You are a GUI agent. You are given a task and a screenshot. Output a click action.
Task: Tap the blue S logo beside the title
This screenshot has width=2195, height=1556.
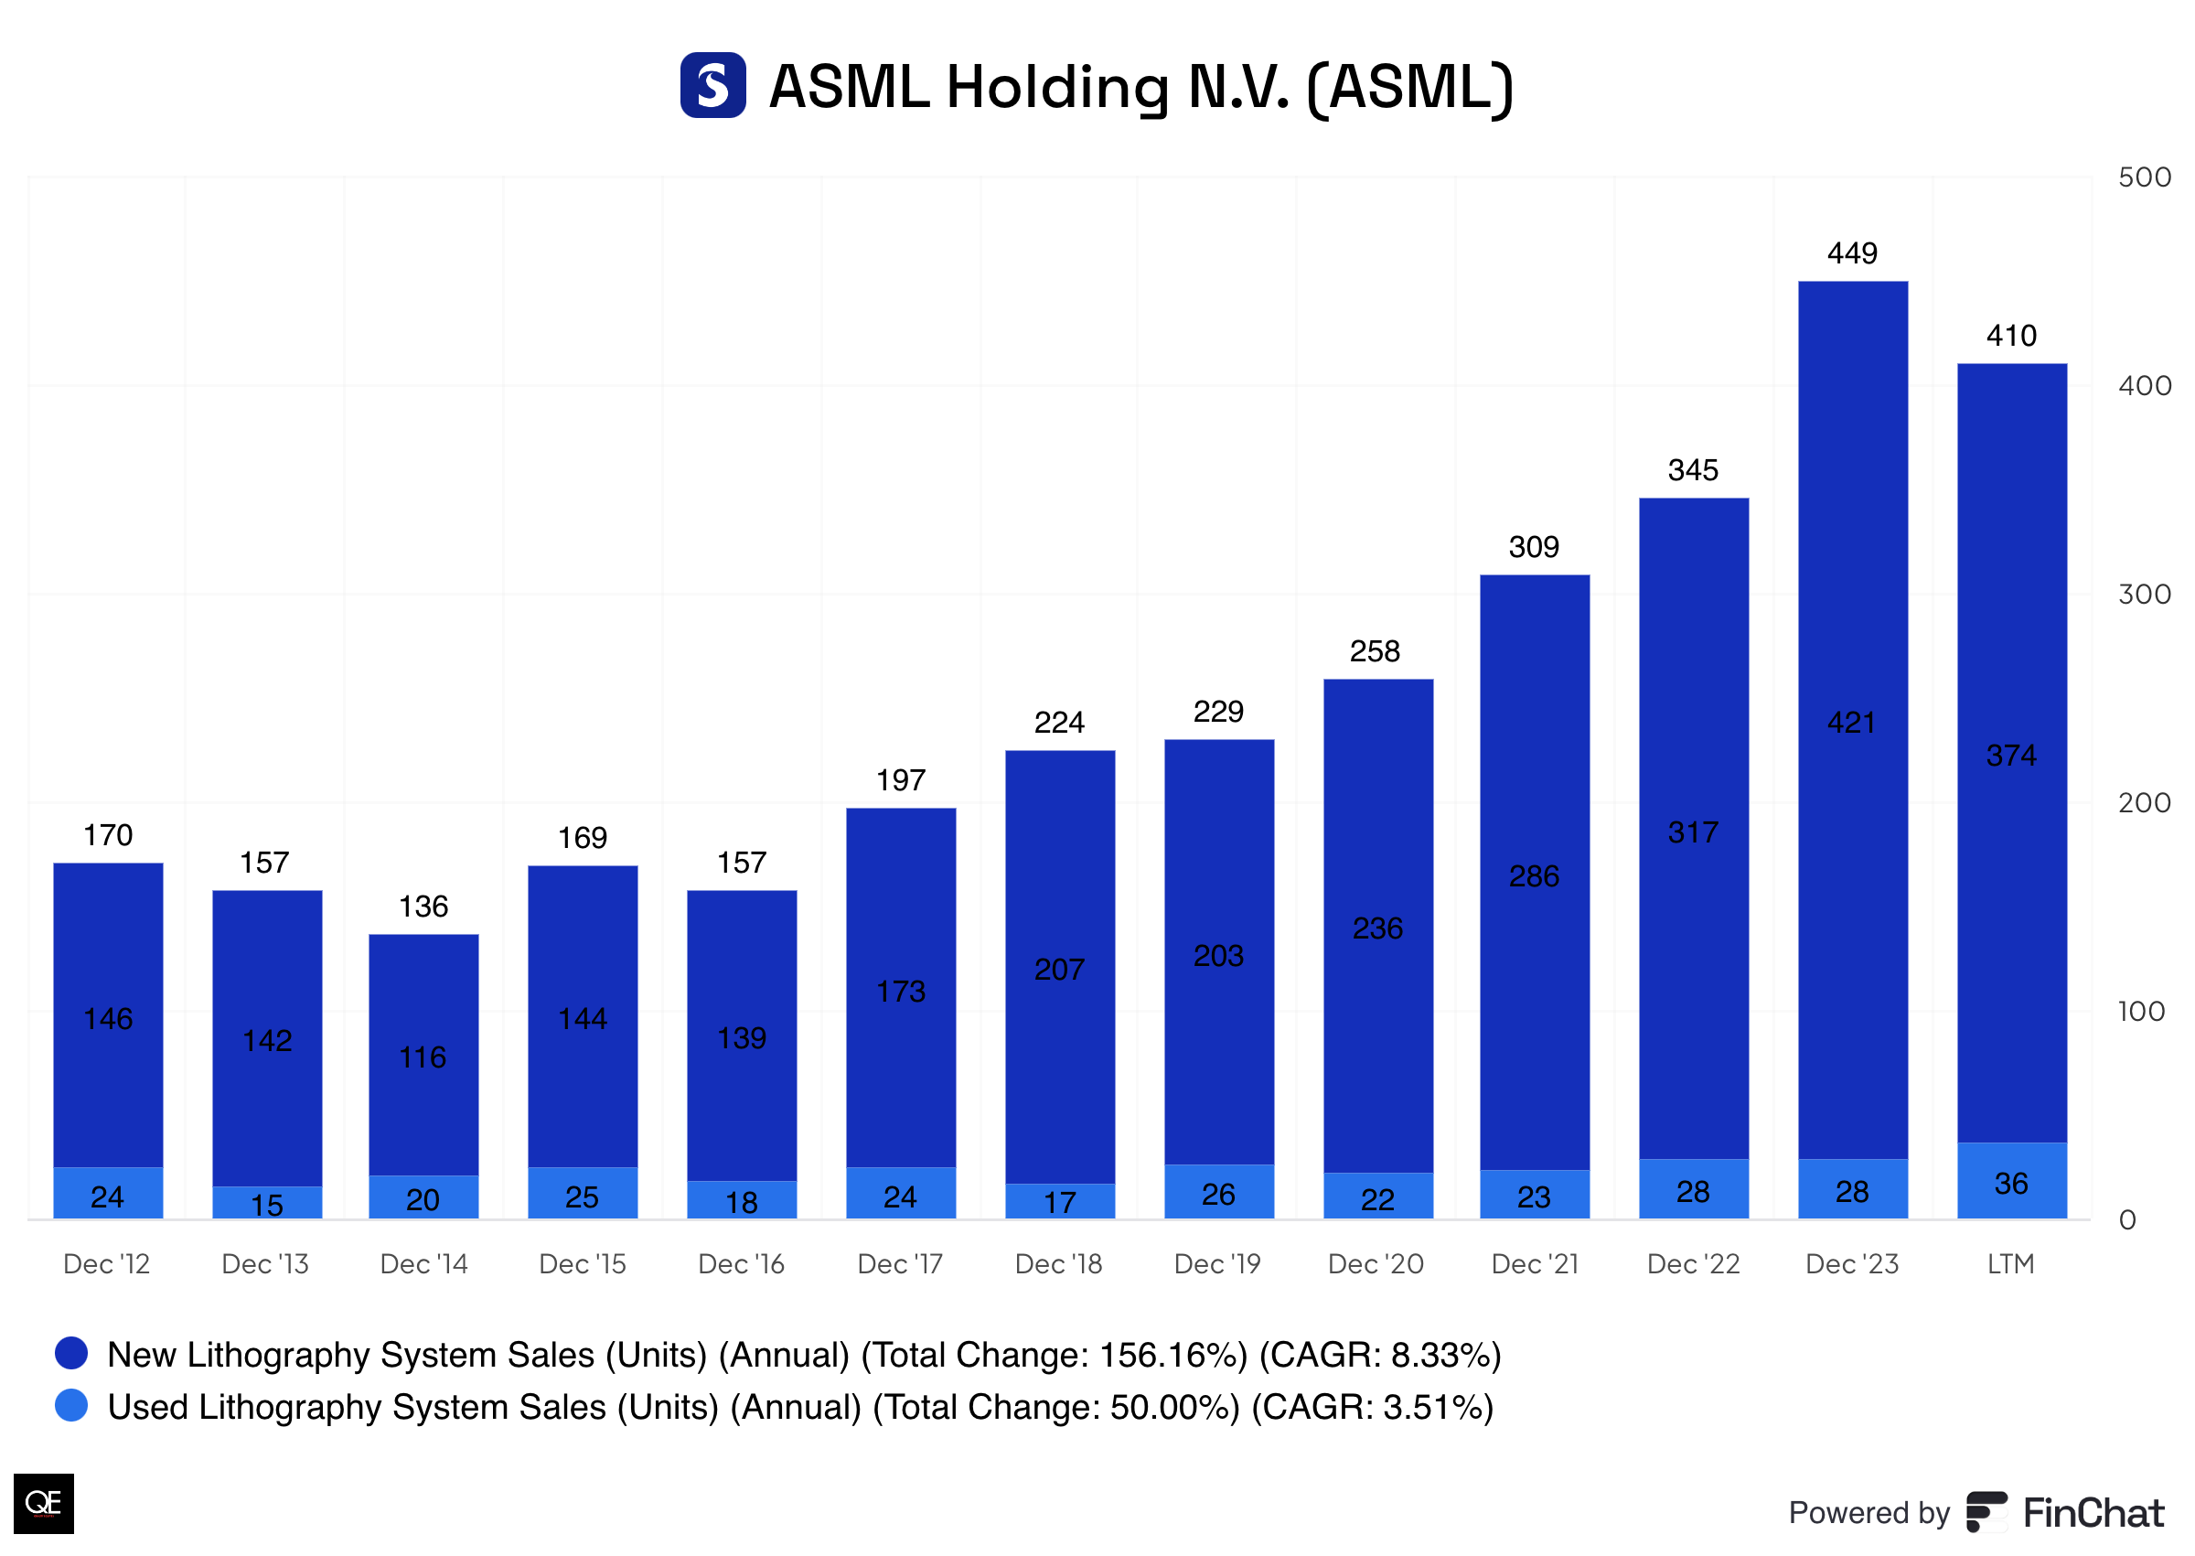(x=712, y=85)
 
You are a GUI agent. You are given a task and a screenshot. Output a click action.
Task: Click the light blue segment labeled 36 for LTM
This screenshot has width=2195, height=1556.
(x=2011, y=1183)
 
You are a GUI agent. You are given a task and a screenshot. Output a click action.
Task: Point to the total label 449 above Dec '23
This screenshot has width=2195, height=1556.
(x=1852, y=253)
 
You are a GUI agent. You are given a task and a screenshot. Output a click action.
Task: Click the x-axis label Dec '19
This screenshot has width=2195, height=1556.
(x=1217, y=1264)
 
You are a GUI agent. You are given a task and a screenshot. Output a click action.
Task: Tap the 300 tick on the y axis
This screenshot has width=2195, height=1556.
(x=2143, y=594)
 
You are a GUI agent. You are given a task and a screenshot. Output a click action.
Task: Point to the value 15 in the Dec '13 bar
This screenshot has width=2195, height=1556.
(x=267, y=1205)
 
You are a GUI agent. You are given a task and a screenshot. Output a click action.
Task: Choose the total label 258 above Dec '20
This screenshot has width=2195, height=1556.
(x=1376, y=651)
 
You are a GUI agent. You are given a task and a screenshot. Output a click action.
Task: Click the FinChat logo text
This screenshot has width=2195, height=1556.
(x=2093, y=1513)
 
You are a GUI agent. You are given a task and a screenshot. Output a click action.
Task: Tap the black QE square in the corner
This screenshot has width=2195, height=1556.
(x=43, y=1502)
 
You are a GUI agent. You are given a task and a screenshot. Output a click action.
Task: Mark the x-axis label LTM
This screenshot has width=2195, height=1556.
(x=2010, y=1264)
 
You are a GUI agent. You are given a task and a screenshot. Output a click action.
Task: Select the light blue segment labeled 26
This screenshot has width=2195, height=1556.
(x=1218, y=1193)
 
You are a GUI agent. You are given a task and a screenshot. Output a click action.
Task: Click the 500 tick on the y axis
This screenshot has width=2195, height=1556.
(x=2143, y=177)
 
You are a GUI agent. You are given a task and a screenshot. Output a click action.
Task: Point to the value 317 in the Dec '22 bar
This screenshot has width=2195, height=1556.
(x=1693, y=832)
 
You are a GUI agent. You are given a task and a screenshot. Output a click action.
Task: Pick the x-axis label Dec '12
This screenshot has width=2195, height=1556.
(x=106, y=1264)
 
